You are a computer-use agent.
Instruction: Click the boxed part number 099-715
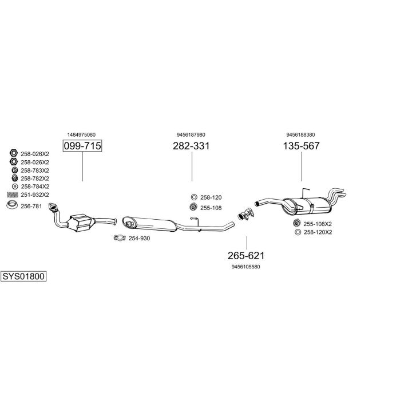(82, 146)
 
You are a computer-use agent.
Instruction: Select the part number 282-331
(191, 146)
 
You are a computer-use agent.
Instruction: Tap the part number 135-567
(301, 146)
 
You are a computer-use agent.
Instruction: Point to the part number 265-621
(246, 256)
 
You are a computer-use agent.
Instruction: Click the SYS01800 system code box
(23, 276)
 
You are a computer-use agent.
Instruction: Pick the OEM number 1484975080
(81, 134)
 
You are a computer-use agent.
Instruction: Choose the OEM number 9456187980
(191, 134)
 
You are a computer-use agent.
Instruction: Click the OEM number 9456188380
(301, 134)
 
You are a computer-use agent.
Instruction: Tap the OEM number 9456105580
(246, 267)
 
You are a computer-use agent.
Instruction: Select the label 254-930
(139, 238)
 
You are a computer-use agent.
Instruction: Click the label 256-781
(32, 207)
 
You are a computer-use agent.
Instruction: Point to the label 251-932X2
(34, 195)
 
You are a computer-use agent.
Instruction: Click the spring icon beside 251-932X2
(11, 195)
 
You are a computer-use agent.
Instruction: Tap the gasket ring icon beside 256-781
(11, 207)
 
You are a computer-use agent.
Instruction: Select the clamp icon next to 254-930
(119, 238)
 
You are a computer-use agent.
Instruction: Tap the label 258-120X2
(318, 232)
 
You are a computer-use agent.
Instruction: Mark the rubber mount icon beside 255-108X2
(297, 223)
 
